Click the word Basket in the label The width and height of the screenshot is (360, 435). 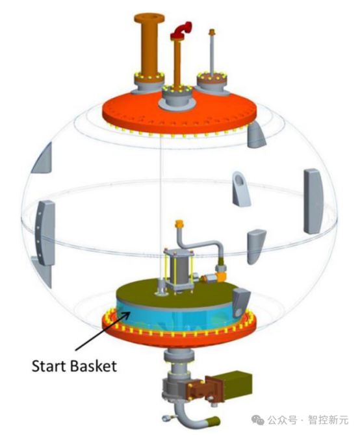tap(94, 366)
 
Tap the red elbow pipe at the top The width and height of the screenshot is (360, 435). tap(181, 31)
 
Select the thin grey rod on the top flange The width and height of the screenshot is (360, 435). tap(212, 53)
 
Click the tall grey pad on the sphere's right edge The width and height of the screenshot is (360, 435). tap(314, 201)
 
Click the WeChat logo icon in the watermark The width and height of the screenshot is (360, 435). tap(258, 420)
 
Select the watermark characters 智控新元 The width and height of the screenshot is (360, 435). tap(328, 419)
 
